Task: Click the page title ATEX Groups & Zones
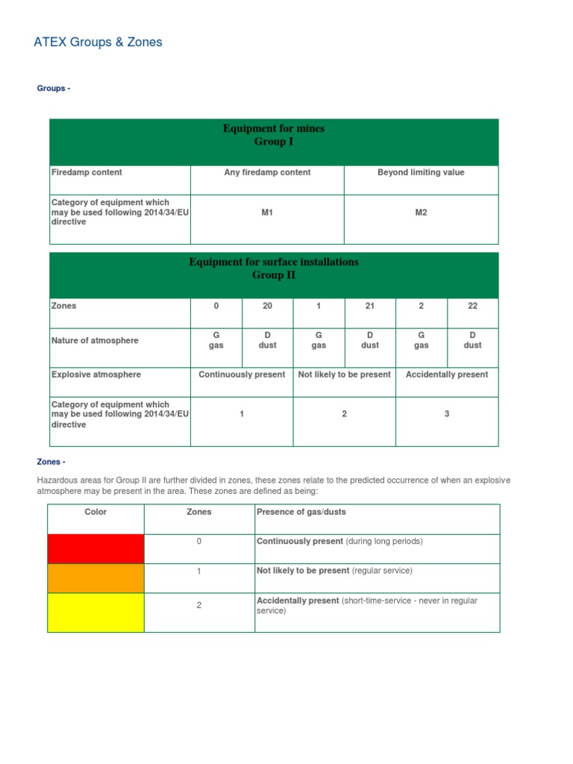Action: coord(98,43)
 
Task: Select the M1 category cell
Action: coord(267,213)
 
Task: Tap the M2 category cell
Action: coord(421,213)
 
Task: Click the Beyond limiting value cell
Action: coord(421,172)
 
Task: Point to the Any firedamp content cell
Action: coord(267,172)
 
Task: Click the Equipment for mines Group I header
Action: coord(274,135)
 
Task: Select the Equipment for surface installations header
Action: coord(274,269)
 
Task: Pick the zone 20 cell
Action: coord(268,306)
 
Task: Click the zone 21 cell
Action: coord(370,306)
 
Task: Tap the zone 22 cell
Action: coord(472,306)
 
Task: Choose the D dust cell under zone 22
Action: coord(472,340)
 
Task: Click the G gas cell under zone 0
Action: coord(216,340)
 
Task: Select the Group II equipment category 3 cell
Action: coord(447,414)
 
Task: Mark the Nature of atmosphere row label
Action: coord(95,341)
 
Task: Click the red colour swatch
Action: coord(95,548)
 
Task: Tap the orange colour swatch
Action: coord(95,578)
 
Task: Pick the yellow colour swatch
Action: coord(95,612)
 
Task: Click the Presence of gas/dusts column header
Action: coord(301,512)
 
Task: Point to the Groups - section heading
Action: coord(54,89)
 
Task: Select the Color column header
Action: coord(95,512)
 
